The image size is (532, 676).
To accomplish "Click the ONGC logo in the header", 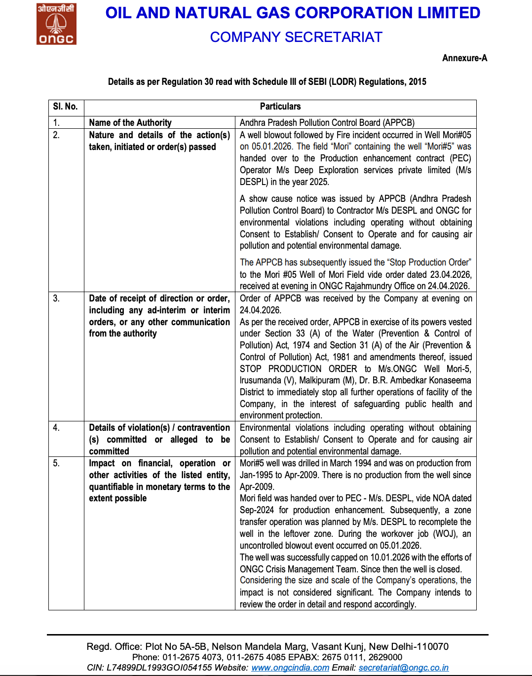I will click(x=56, y=24).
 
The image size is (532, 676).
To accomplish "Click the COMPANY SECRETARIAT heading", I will click(x=296, y=37).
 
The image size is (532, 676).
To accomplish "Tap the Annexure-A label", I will click(x=464, y=58).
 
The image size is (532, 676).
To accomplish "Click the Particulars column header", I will click(x=280, y=107).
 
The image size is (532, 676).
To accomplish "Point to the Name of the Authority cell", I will click(x=130, y=123).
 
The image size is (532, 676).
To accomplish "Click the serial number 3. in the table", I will click(x=56, y=299).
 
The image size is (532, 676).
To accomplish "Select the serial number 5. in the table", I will click(x=56, y=463).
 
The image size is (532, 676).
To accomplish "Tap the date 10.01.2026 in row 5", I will click(x=390, y=558).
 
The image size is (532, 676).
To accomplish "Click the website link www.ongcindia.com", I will click(x=290, y=668).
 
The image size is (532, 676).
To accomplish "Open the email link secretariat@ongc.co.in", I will click(x=403, y=668).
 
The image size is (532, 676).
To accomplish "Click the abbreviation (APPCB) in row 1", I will click(x=398, y=123).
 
